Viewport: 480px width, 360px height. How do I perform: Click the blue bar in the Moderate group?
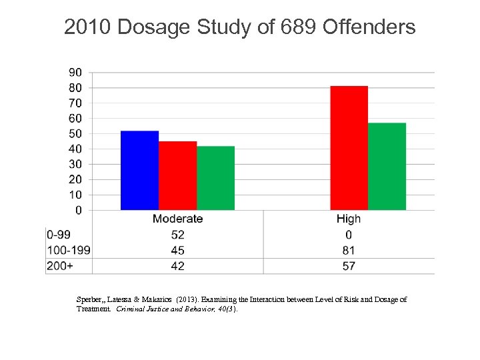pos(139,171)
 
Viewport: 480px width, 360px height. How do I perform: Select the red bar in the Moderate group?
pos(177,176)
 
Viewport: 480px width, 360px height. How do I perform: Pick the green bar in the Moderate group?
pos(215,178)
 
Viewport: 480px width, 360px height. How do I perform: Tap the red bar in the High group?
pos(349,148)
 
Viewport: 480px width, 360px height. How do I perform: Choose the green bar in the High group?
pos(387,167)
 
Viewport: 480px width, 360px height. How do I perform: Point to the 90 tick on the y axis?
pos(75,72)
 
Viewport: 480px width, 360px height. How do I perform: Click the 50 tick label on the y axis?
pos(75,133)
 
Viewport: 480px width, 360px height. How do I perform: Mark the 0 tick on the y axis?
pos(79,210)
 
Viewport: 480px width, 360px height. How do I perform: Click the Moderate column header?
pos(177,219)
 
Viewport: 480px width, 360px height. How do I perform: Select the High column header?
pos(349,219)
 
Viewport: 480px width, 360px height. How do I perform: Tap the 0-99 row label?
pos(59,235)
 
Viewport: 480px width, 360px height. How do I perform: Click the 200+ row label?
pos(58,266)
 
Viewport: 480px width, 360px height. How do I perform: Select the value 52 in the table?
pos(177,235)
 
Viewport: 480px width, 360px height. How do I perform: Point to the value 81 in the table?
pos(349,251)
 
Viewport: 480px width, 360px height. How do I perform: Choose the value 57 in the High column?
pos(349,266)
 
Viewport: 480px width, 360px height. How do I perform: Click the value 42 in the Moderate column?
pos(177,266)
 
